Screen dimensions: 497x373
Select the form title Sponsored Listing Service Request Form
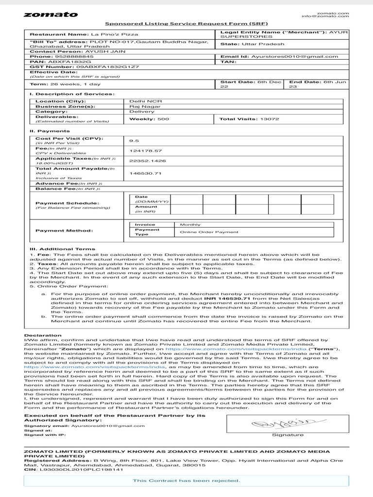tap(186, 24)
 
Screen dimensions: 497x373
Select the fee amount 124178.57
tap(142, 150)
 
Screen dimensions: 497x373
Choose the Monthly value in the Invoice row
tap(190, 225)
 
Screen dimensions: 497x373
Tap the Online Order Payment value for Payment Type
tap(203, 232)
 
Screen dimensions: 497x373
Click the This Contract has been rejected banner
tap(186, 480)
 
